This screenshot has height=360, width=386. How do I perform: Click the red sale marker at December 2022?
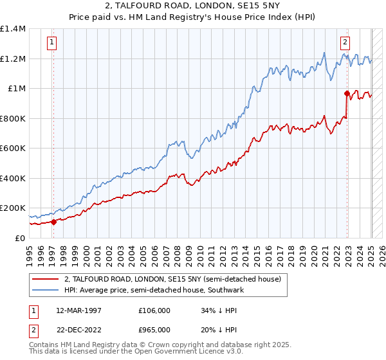point(347,94)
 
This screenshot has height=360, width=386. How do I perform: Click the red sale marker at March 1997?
point(53,222)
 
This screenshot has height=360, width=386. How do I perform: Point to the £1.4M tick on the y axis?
point(13,29)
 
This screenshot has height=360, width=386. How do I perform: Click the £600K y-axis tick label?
point(13,148)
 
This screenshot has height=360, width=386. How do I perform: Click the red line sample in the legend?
point(46,280)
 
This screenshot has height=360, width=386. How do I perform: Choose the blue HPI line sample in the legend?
point(46,291)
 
